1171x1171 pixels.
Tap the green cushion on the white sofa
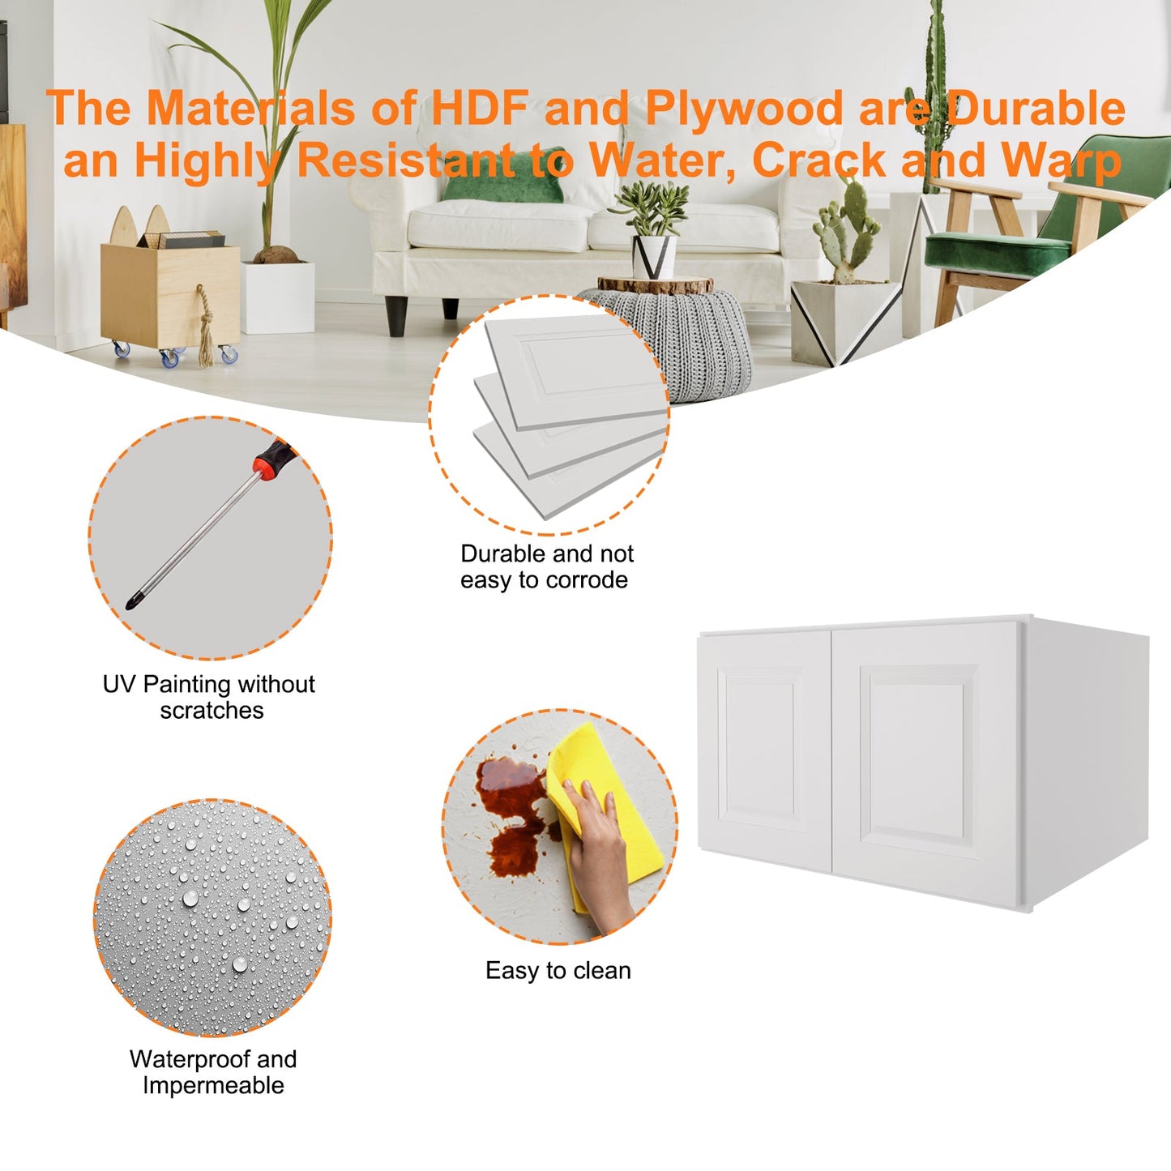coord(504,176)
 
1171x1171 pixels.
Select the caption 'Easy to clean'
coord(558,971)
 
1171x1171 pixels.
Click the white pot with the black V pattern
coord(654,257)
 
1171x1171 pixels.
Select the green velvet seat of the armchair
coord(997,250)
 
